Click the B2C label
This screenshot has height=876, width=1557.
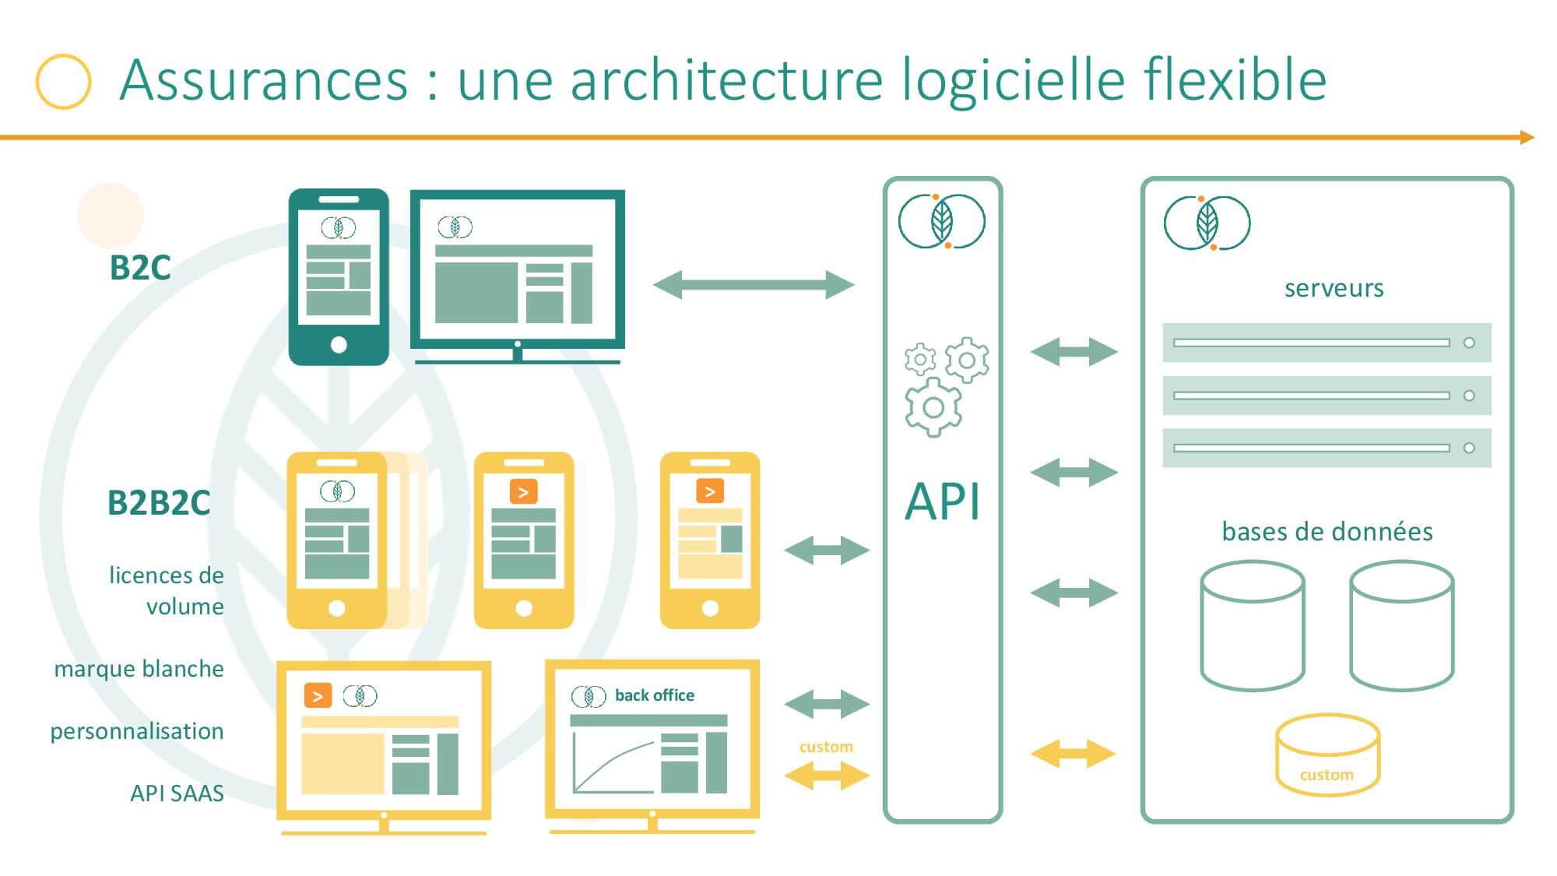(140, 267)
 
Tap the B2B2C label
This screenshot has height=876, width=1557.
(159, 502)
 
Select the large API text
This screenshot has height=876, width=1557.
(942, 501)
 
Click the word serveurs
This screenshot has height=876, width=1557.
(1334, 288)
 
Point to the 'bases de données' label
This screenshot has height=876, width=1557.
(1327, 531)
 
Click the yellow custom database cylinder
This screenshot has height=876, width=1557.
(1327, 755)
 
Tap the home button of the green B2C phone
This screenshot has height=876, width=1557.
(339, 345)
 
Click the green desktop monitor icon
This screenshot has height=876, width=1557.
(518, 276)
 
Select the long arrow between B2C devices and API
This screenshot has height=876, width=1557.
(754, 285)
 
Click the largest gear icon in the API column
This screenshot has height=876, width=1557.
(933, 406)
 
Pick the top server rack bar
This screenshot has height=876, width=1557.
(1327, 343)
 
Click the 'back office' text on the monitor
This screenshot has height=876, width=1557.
(655, 695)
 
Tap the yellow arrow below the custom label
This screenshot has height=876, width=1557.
(827, 776)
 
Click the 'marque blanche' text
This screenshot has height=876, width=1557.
(139, 669)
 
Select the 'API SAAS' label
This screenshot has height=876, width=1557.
(177, 793)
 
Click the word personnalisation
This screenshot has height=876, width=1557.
(137, 731)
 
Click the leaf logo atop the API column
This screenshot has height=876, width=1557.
(942, 221)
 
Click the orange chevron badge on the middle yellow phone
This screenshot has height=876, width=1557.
(523, 492)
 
